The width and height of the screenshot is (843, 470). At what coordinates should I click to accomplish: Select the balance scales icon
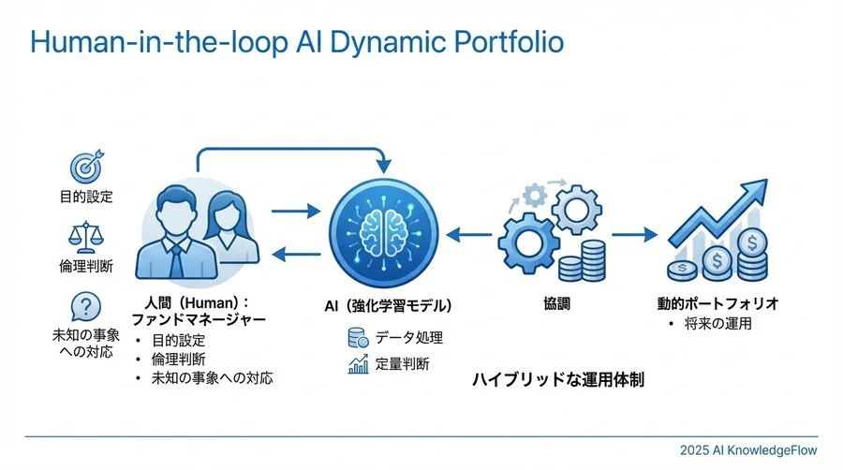[86, 237]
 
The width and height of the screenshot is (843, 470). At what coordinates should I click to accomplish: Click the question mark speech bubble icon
[86, 306]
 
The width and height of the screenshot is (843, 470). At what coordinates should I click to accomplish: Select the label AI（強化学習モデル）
[388, 305]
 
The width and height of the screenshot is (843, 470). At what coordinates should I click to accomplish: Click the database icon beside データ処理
[358, 337]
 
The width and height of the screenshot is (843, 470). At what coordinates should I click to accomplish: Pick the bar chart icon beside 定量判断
[358, 364]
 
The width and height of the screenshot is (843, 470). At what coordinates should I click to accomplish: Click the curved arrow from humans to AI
[290, 148]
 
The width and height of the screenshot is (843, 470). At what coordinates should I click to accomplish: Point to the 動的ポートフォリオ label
[718, 304]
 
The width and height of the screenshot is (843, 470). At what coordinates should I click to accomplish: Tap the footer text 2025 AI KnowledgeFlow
[748, 450]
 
